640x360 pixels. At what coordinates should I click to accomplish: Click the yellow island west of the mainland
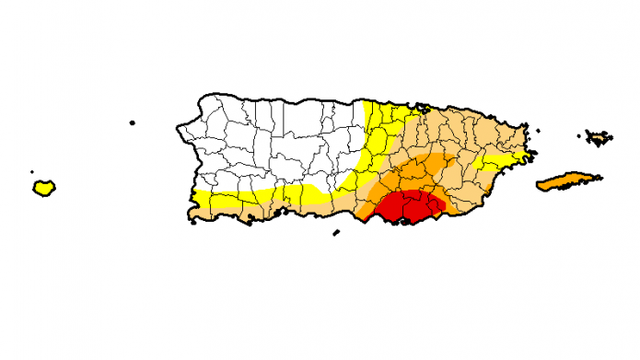click(43, 188)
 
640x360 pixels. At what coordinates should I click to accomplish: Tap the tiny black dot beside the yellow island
click(32, 171)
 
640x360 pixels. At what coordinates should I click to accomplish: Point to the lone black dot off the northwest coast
click(133, 122)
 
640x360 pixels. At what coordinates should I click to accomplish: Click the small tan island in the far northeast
click(599, 138)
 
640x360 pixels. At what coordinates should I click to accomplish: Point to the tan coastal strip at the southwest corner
click(212, 214)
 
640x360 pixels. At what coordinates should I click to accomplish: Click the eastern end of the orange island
click(600, 177)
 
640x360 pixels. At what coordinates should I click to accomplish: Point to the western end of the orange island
click(538, 187)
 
